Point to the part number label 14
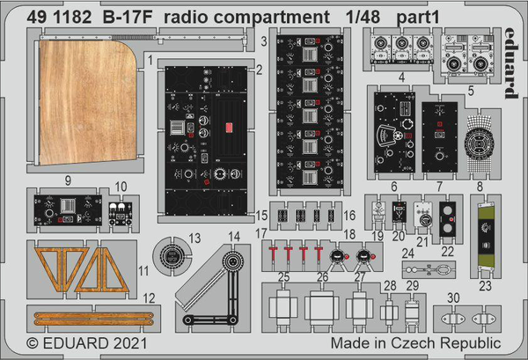point(234,236)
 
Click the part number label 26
point(321,278)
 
